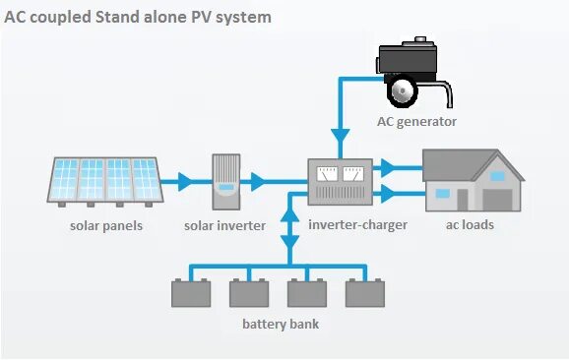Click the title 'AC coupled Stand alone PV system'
pyautogui.click(x=139, y=17)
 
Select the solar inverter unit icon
pyautogui.click(x=225, y=181)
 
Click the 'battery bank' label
pyautogui.click(x=281, y=325)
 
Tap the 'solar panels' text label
pyautogui.click(x=106, y=226)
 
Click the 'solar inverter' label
pyautogui.click(x=225, y=226)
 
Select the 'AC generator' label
pyautogui.click(x=416, y=122)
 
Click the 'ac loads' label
pyautogui.click(x=470, y=225)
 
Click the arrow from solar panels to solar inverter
pyautogui.click(x=183, y=182)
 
